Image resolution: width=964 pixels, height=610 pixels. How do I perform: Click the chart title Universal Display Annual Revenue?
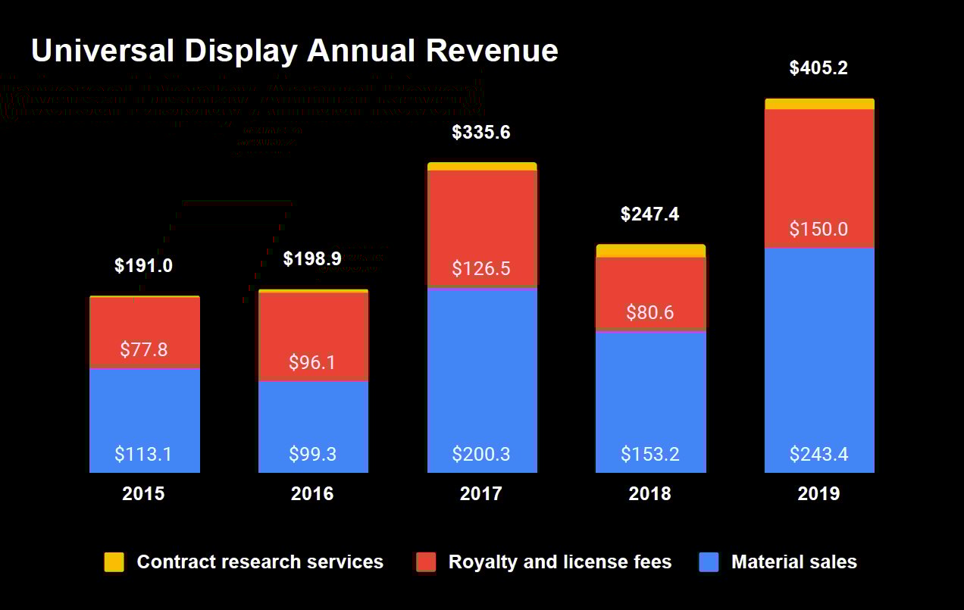294,52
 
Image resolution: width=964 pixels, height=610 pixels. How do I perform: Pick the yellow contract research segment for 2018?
650,251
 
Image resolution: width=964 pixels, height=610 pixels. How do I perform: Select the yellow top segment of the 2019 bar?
818,104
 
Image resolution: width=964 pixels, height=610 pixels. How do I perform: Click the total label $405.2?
818,68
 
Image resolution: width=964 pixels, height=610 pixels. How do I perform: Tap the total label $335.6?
481,133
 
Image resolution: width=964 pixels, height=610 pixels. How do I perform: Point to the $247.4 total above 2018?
650,214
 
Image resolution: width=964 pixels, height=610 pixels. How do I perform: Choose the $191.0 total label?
144,266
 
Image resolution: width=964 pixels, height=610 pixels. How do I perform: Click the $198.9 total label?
312,259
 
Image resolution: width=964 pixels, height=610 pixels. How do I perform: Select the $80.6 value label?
650,312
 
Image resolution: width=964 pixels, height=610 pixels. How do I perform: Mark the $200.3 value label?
481,455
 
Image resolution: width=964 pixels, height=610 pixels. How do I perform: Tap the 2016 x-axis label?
312,494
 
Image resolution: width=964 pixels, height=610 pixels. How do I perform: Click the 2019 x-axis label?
818,494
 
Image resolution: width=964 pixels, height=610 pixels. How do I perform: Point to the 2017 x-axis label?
481,494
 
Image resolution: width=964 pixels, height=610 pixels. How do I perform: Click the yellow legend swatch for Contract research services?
114,562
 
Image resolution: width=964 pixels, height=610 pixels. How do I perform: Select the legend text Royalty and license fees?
559,562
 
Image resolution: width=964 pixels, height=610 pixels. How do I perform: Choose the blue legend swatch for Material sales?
709,562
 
